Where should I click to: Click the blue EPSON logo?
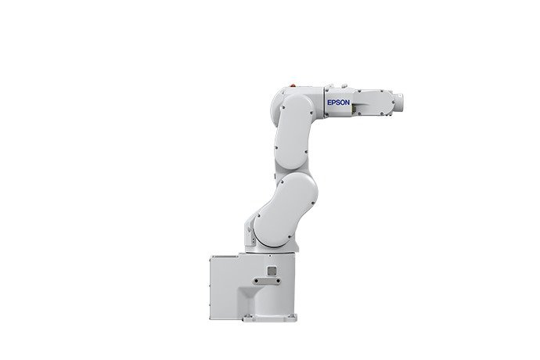[x=339, y=103]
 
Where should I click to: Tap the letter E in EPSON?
[x=329, y=103]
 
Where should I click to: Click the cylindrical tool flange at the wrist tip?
[x=399, y=103]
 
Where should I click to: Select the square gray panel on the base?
[x=272, y=271]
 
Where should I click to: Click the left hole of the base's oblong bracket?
[x=257, y=281]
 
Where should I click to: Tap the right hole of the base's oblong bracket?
[x=278, y=281]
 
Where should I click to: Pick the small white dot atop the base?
[x=270, y=256]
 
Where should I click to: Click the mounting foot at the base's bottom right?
[x=292, y=318]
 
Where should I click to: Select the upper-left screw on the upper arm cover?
[x=283, y=107]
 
